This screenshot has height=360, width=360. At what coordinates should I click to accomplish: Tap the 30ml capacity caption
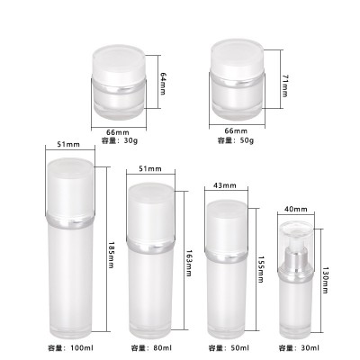pos(300,347)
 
